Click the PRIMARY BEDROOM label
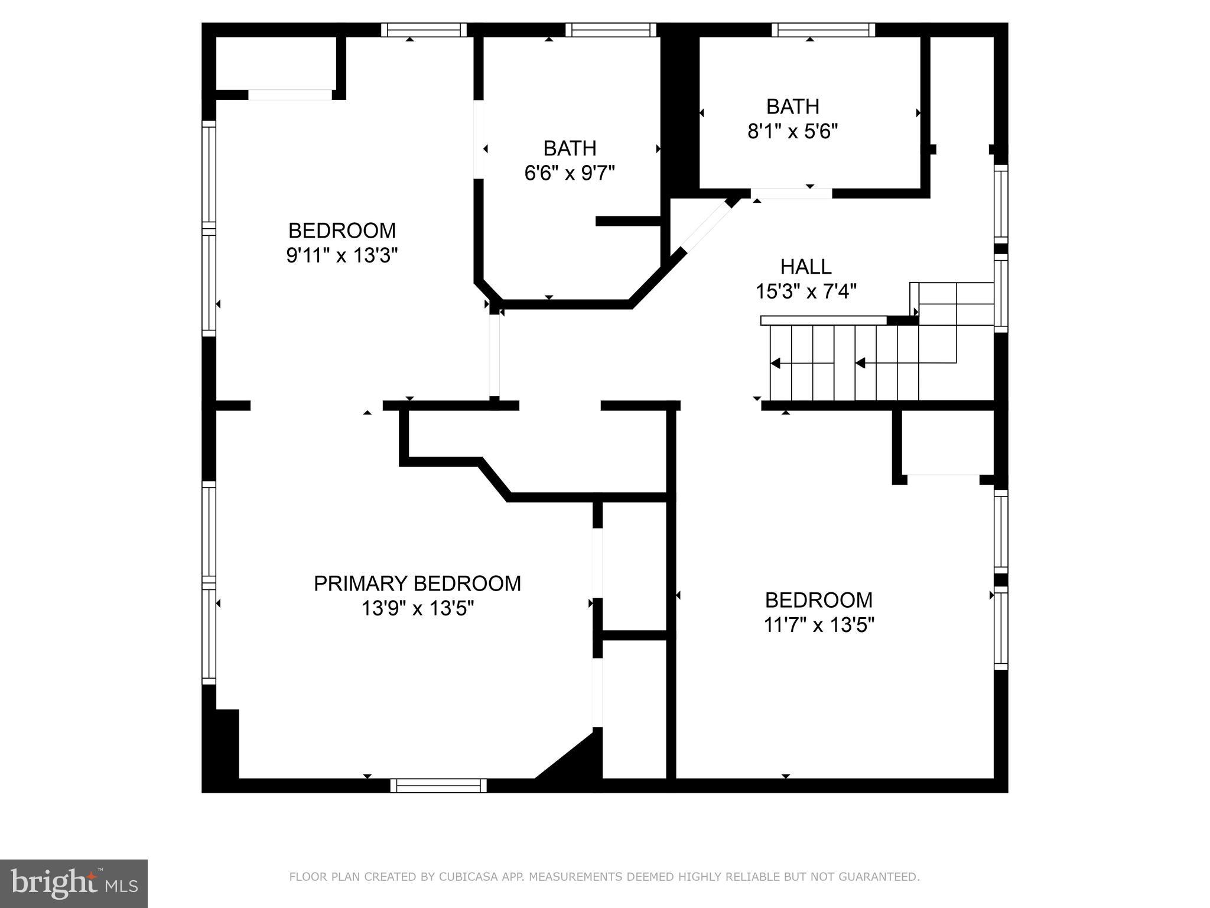(x=417, y=583)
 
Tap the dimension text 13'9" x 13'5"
(x=417, y=608)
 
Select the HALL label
(x=806, y=267)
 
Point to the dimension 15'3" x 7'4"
(x=806, y=291)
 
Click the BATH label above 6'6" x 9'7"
(x=570, y=148)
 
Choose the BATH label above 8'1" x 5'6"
(x=792, y=106)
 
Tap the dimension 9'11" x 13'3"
(x=341, y=255)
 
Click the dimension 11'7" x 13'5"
(x=818, y=625)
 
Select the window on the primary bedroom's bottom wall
(x=438, y=785)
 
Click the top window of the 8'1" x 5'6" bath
(x=823, y=30)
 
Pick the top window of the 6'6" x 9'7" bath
(x=611, y=30)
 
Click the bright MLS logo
(x=73, y=883)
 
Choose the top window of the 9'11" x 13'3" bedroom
(x=424, y=30)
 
